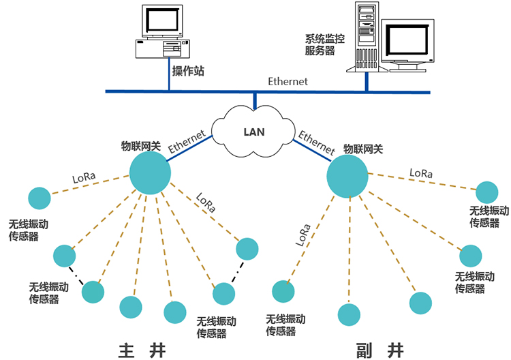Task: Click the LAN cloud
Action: click(x=253, y=131)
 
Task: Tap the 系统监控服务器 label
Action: click(x=325, y=44)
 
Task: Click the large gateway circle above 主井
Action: click(x=149, y=172)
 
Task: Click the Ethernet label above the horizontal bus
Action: click(x=288, y=81)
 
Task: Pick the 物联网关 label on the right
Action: click(x=363, y=148)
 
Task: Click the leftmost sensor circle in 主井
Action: click(x=39, y=199)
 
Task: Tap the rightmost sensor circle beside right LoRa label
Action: click(x=486, y=192)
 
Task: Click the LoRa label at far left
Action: click(x=84, y=179)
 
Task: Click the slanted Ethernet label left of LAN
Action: click(x=187, y=142)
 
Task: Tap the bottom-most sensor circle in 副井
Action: click(x=349, y=314)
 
